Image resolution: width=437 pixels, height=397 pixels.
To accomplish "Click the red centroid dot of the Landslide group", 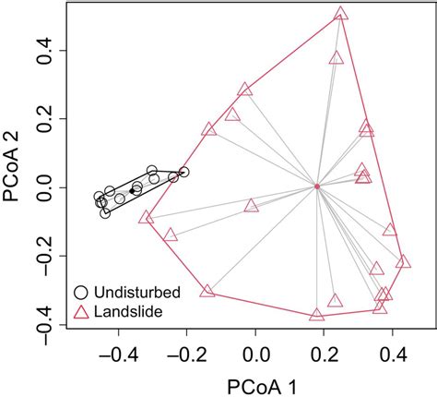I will (x=317, y=186).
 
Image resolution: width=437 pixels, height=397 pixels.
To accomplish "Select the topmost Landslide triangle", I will (x=341, y=14).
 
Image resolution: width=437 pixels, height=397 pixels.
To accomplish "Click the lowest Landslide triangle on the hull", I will (x=317, y=315).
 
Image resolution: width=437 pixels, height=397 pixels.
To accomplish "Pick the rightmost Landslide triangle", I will (x=402, y=261).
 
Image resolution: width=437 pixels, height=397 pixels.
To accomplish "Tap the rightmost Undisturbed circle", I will (x=183, y=172).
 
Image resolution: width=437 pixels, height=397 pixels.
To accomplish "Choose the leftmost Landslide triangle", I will (x=146, y=218).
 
